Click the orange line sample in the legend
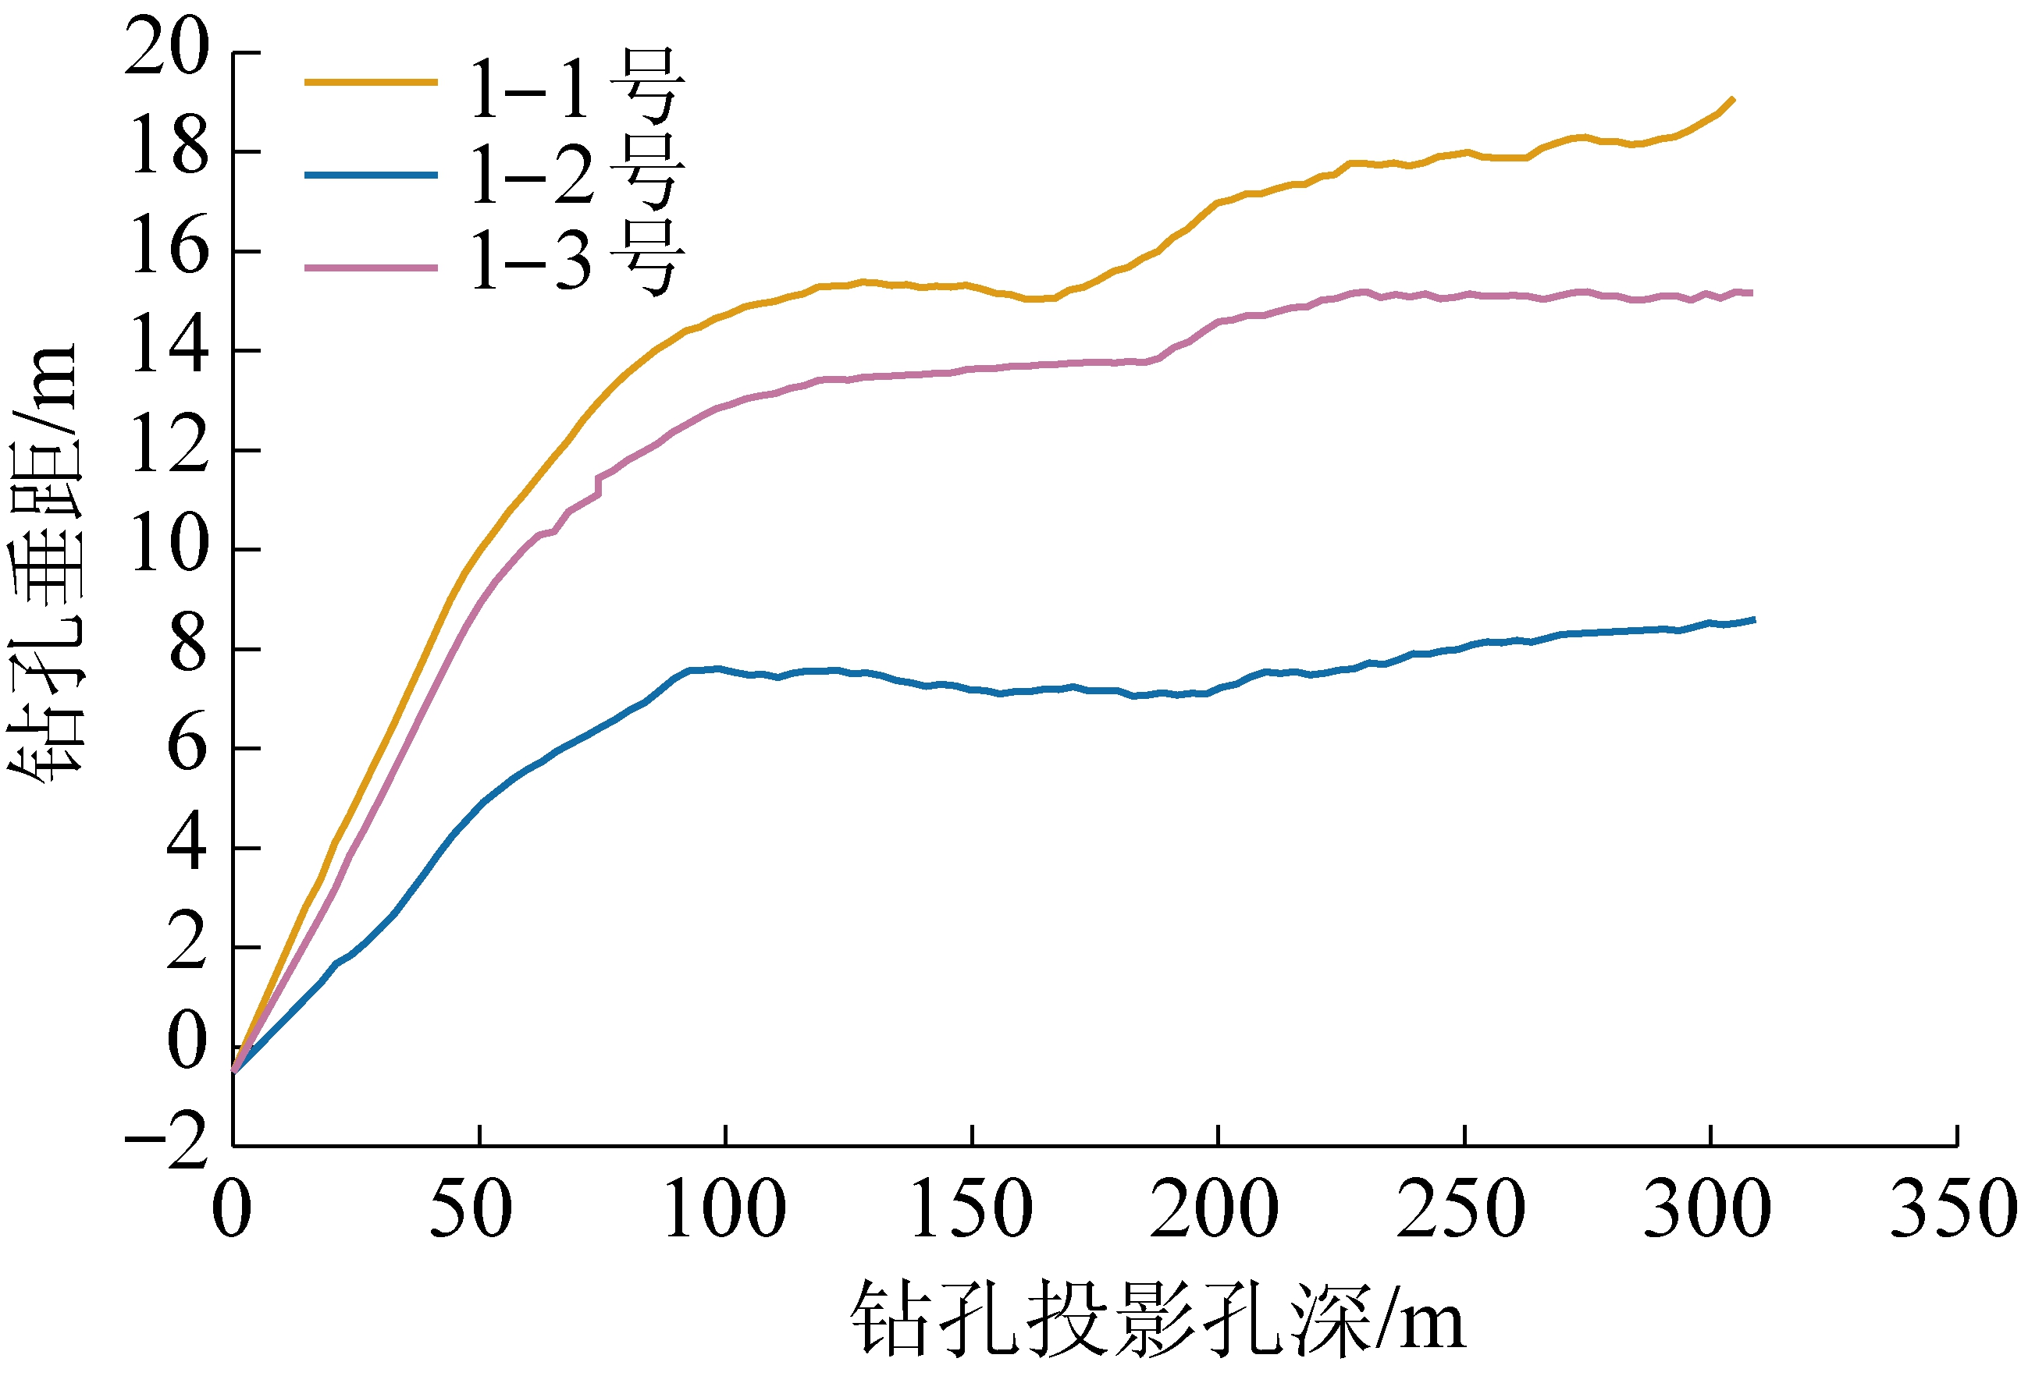tap(371, 83)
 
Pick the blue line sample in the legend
tap(371, 176)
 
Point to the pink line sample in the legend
tap(371, 268)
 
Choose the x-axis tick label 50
tap(471, 1210)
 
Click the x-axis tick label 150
tap(971, 1210)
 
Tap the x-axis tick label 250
tap(1461, 1210)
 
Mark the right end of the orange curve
tap(1733, 99)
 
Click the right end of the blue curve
tap(1754, 620)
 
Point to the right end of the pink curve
tap(1752, 294)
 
